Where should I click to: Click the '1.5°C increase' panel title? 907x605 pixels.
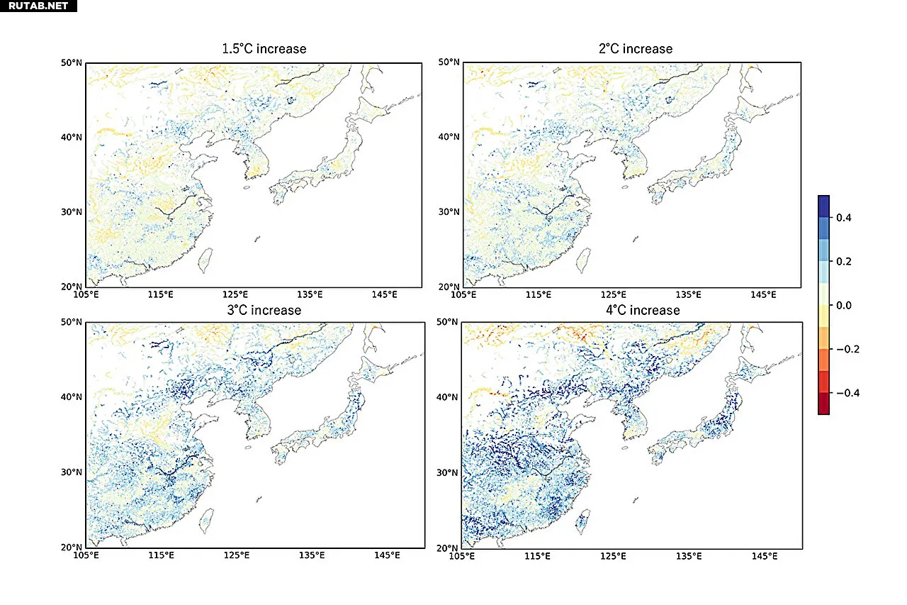(264, 49)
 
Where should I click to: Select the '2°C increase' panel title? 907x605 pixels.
(635, 49)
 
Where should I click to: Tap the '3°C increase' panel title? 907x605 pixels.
(261, 311)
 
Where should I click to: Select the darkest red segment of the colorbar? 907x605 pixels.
(823, 403)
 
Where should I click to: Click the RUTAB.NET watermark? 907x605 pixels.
(38, 6)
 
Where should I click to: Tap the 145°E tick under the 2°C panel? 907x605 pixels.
(762, 294)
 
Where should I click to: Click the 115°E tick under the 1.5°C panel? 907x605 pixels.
(161, 294)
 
